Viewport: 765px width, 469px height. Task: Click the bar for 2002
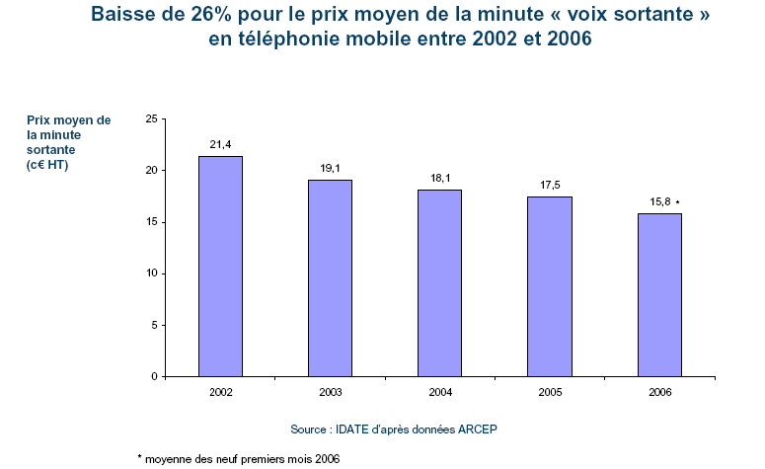click(220, 267)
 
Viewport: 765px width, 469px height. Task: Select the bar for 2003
click(330, 278)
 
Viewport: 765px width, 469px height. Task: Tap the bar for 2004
click(439, 283)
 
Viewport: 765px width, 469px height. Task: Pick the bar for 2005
click(550, 286)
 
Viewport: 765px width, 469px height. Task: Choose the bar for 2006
click(659, 295)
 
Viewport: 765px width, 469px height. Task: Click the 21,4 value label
click(220, 145)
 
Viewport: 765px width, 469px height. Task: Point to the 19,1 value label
click(330, 169)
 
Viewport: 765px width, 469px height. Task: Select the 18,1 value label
click(439, 179)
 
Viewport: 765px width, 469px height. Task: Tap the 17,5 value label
click(550, 185)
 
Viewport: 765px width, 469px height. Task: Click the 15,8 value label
click(658, 202)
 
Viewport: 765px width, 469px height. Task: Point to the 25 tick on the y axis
click(151, 118)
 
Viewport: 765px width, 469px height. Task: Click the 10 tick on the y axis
click(151, 274)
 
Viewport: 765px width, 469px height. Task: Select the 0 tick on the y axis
click(154, 376)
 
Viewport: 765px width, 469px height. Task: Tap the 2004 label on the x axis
click(439, 392)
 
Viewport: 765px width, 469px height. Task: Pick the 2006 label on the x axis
click(659, 392)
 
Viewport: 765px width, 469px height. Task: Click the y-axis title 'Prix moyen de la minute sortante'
click(69, 142)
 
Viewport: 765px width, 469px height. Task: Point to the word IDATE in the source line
click(352, 430)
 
